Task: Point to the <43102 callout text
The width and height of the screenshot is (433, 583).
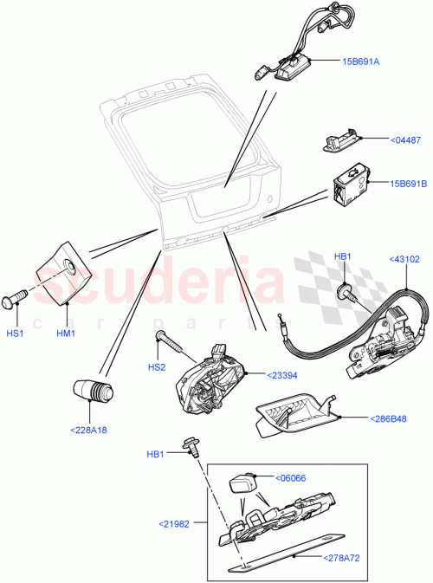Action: (x=404, y=258)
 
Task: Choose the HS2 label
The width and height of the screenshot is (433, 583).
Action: (x=156, y=367)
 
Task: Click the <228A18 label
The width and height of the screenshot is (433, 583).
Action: (x=89, y=428)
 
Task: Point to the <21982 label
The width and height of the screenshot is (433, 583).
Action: (x=178, y=522)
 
